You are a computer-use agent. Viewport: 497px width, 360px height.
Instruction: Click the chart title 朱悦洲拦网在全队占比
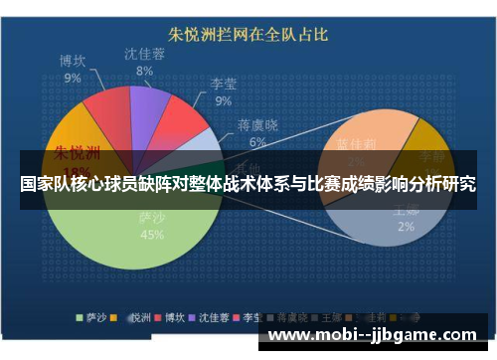(248, 34)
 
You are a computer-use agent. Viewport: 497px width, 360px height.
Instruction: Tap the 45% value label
(152, 235)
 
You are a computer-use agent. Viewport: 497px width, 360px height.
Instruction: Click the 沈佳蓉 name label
(145, 54)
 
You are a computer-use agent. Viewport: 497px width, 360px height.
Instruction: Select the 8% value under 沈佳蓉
(145, 71)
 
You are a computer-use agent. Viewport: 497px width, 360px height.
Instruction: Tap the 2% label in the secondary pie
(406, 226)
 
